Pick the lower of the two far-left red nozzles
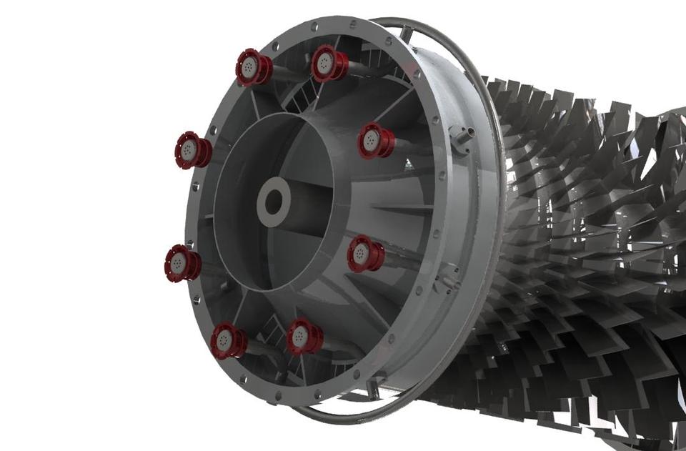click(182, 263)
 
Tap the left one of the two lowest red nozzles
click(227, 340)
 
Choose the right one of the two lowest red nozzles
click(304, 337)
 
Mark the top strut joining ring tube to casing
click(405, 33)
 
